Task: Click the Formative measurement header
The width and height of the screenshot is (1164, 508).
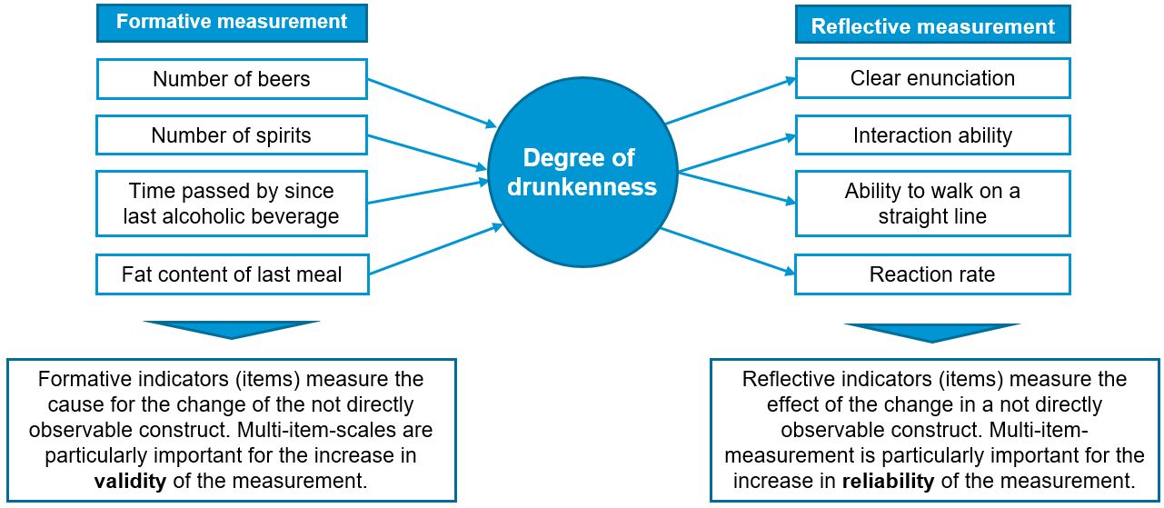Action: (x=232, y=22)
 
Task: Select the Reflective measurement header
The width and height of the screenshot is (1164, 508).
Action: (x=932, y=25)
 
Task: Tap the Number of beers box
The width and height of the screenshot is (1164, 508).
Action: (x=232, y=79)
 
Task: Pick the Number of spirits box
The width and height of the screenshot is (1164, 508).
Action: (x=232, y=135)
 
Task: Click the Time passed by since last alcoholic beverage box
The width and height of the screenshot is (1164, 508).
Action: (x=232, y=204)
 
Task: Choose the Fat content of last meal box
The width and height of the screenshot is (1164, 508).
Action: (x=232, y=274)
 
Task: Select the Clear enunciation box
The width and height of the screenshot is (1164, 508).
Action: (x=932, y=78)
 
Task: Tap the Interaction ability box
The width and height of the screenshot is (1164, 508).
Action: (x=932, y=135)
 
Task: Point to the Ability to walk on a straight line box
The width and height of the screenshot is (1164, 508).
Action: (x=932, y=204)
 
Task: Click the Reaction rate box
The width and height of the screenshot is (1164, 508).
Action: (x=932, y=274)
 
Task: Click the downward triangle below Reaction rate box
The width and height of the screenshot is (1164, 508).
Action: (x=932, y=332)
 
